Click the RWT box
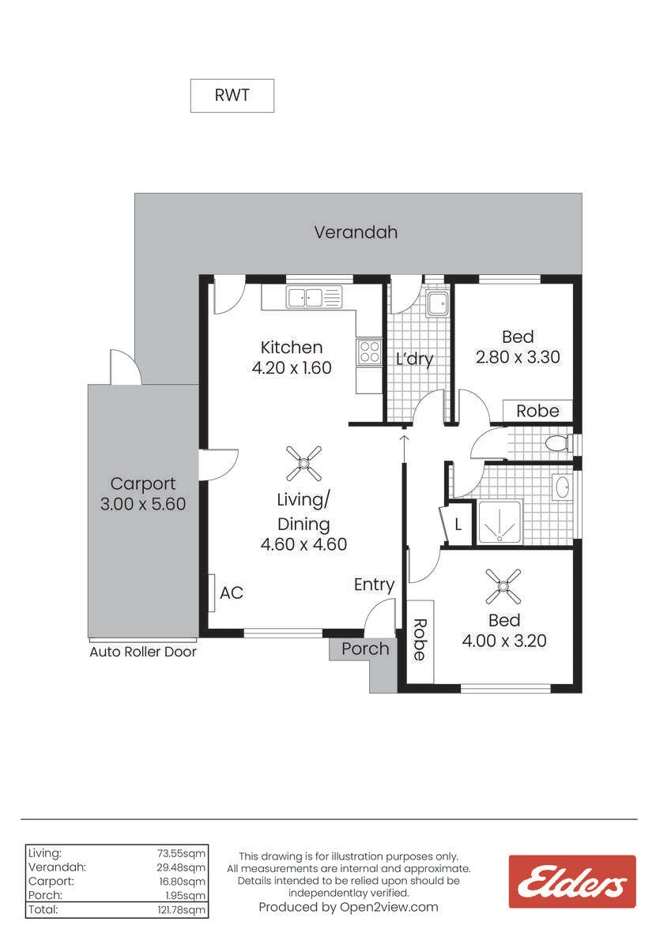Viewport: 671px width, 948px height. [x=232, y=96]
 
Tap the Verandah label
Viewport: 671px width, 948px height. [x=356, y=232]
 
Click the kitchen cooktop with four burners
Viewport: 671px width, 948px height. [x=369, y=352]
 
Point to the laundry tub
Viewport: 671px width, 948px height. [x=437, y=303]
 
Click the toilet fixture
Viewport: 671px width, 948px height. [x=559, y=444]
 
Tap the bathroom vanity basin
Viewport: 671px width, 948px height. [x=563, y=488]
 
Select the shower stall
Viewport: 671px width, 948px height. [x=499, y=522]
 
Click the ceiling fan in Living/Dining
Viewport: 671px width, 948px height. [x=303, y=464]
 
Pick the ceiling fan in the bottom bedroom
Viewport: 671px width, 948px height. [x=503, y=586]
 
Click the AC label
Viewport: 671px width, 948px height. [x=232, y=593]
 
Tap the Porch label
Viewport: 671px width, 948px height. [x=365, y=649]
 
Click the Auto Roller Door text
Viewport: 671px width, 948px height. [x=143, y=652]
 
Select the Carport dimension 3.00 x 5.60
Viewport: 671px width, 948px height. [x=143, y=504]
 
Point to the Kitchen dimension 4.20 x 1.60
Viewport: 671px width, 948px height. [x=292, y=367]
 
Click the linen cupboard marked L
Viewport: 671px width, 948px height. [x=458, y=525]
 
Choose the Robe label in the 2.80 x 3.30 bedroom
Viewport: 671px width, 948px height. [x=537, y=411]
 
